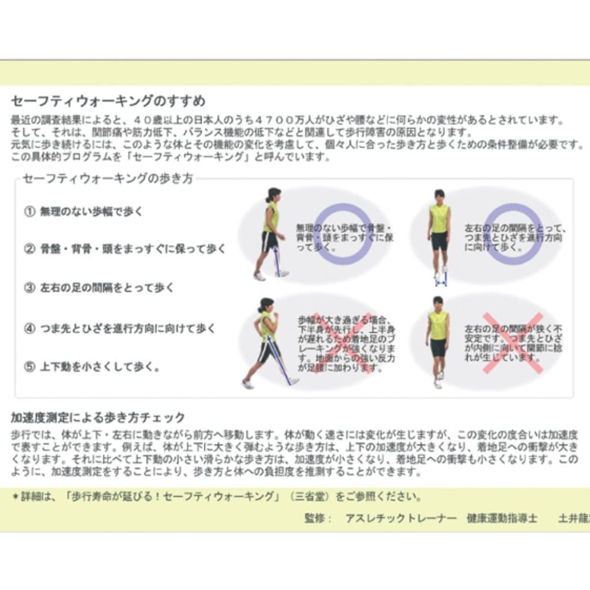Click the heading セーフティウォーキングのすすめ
point(108,102)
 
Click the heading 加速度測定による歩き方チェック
point(98,418)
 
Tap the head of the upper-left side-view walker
point(273,194)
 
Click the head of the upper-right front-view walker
point(439,196)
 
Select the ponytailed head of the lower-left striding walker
point(266,304)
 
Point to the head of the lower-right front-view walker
point(438,302)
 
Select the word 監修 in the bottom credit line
point(315,518)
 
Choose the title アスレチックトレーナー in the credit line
point(401,518)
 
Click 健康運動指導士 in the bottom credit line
point(502,518)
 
